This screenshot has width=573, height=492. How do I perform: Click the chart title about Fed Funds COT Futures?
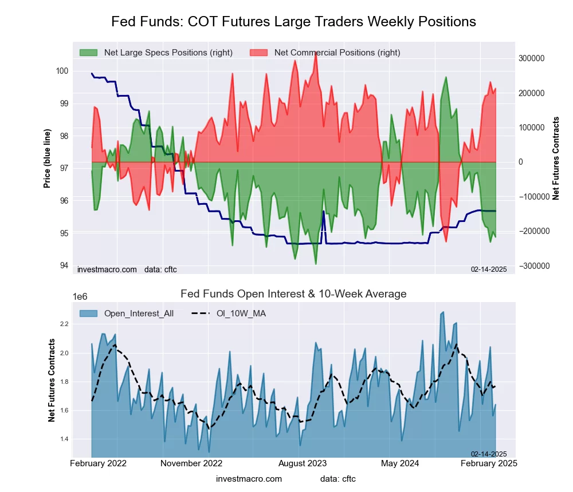click(293, 22)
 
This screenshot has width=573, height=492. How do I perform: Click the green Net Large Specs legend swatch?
click(89, 53)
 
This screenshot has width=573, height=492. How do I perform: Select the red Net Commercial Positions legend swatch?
click(259, 53)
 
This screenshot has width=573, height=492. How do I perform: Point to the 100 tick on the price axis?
click(62, 71)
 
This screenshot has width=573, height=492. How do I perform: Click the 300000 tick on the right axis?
click(531, 58)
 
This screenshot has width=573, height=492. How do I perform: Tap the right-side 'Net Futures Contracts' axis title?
click(555, 158)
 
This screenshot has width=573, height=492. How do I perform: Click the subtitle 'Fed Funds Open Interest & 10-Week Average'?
click(293, 294)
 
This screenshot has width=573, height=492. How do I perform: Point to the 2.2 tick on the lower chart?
click(64, 324)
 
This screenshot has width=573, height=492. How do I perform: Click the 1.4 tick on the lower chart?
click(64, 439)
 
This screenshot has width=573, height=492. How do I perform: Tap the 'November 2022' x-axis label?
click(191, 463)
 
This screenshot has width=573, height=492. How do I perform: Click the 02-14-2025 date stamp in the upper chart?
click(489, 269)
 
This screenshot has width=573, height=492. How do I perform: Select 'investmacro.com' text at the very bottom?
click(249, 479)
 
